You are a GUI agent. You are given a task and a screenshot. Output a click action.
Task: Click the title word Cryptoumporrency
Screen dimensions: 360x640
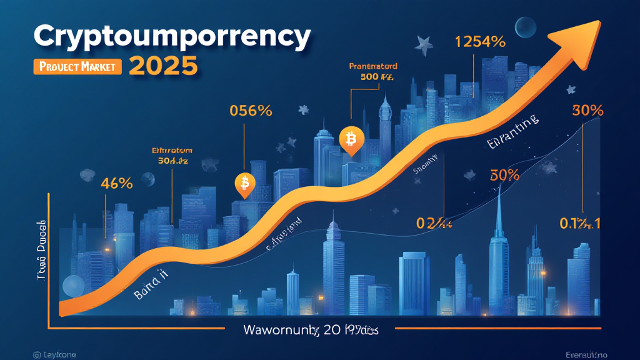(171, 37)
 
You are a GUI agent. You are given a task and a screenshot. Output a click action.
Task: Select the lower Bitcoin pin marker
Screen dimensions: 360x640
(244, 184)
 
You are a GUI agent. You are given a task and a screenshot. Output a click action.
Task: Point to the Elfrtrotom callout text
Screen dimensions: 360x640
(172, 151)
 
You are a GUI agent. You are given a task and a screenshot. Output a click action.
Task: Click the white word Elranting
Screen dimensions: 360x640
(512, 132)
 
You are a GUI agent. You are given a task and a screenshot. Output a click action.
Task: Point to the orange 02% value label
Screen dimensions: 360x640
(433, 222)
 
